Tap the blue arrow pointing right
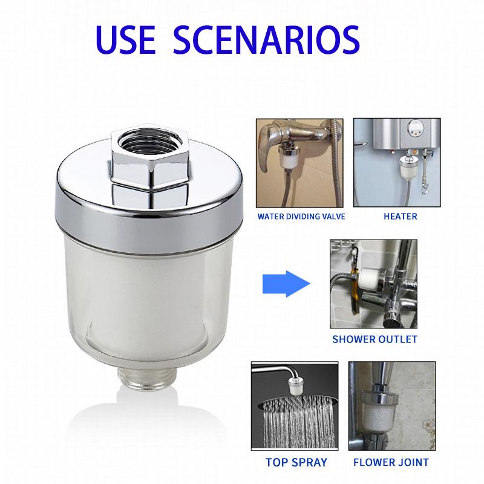point(286,282)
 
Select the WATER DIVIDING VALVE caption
point(301,216)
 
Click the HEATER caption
point(400,216)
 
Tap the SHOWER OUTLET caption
point(374,339)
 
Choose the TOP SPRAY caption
point(296,462)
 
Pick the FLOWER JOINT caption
point(391,462)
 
